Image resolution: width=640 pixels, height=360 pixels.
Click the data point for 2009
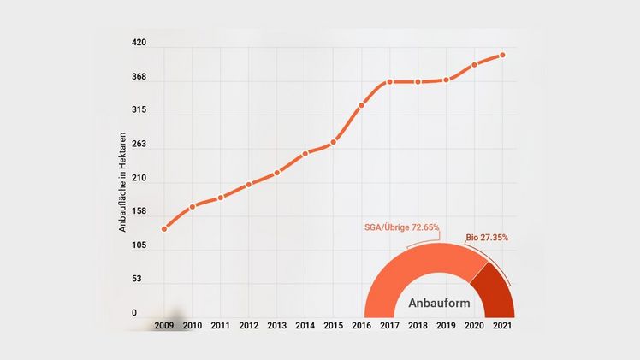point(163,228)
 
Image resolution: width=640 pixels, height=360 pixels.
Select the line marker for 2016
point(361,105)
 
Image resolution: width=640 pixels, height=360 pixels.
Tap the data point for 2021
point(502,56)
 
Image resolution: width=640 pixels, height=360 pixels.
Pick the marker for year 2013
point(276,173)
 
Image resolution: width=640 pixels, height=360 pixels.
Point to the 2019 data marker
point(446,80)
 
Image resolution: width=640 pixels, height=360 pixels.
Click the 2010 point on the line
point(192,206)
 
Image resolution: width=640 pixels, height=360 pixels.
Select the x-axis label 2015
point(333,326)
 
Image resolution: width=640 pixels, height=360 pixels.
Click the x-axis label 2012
point(248,326)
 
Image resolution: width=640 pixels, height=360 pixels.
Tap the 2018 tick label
point(418,326)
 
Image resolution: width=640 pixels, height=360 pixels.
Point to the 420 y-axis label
point(139,43)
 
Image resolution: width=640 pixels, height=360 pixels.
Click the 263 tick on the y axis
point(139,144)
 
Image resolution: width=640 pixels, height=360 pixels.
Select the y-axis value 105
point(139,245)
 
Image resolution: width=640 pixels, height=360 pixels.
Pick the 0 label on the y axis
point(134,314)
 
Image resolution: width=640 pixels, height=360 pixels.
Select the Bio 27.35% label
point(487,237)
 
